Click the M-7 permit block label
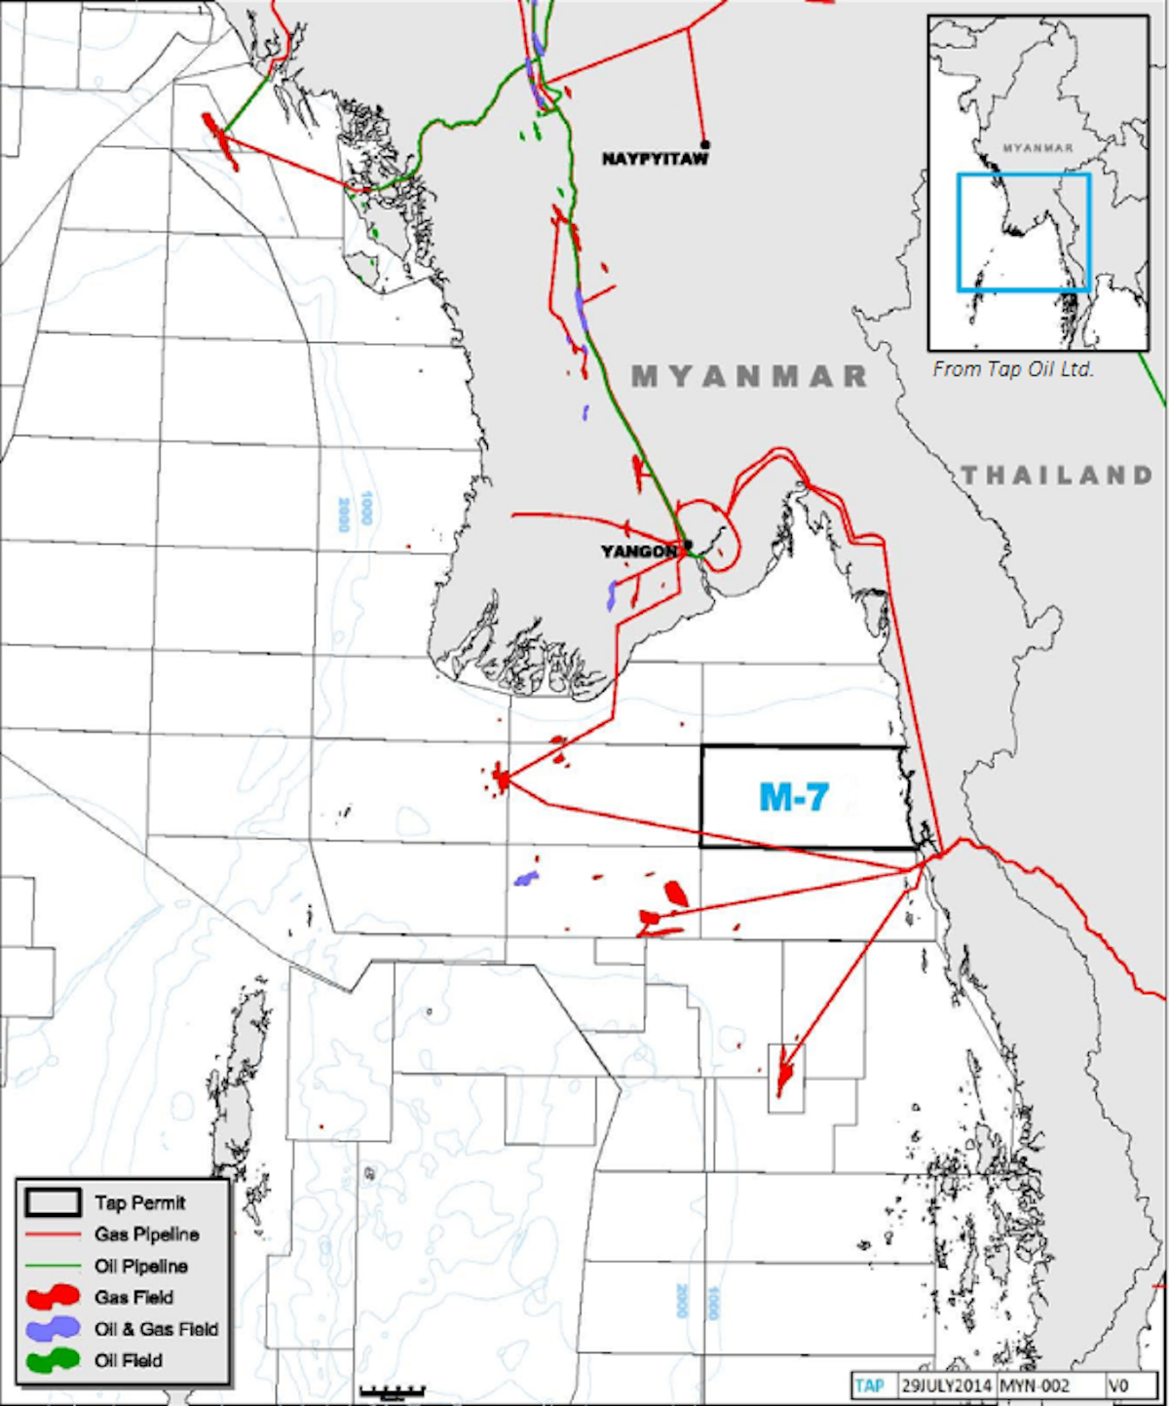[x=793, y=797]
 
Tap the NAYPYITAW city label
[x=655, y=159]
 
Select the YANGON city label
[x=638, y=551]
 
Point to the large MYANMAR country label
[x=749, y=376]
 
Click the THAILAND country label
[x=1057, y=475]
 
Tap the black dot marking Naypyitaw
[x=704, y=145]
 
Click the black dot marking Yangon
[x=688, y=545]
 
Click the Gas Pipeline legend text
[x=146, y=1235]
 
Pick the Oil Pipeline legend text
[x=141, y=1267]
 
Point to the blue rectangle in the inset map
[x=1023, y=232]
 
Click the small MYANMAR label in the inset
[x=1037, y=148]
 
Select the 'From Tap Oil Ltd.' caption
[x=1013, y=369]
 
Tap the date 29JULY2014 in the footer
[x=945, y=1386]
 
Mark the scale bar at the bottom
[x=392, y=1390]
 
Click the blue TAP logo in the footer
[x=869, y=1386]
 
